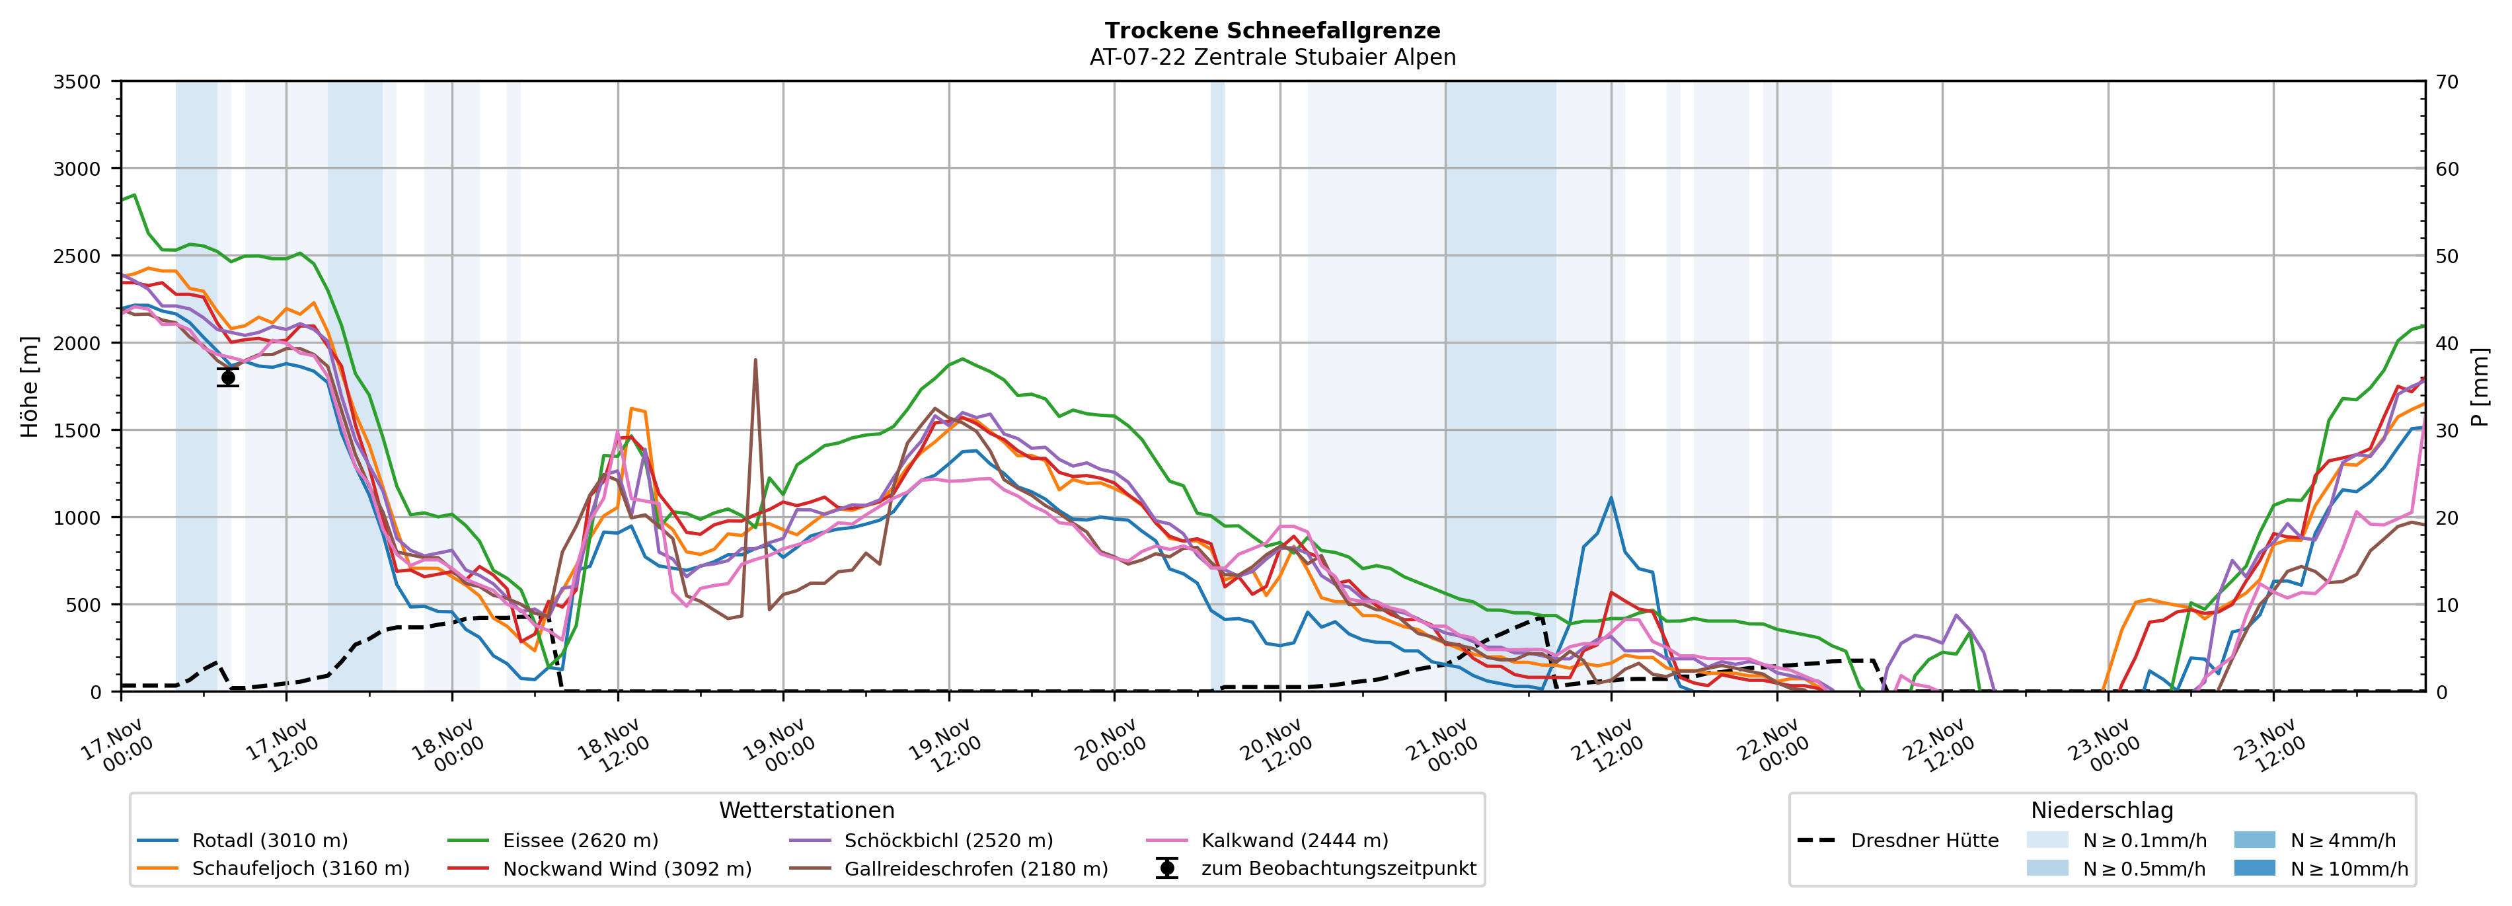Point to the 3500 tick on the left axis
pos(77,82)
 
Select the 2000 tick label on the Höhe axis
pos(77,343)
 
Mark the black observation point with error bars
pos(228,377)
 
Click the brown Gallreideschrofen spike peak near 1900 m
pos(755,360)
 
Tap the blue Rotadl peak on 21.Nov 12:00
pos(1611,498)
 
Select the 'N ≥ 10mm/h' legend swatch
pos(2254,868)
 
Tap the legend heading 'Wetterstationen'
pos(806,810)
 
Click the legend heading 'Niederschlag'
pos(2102,810)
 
